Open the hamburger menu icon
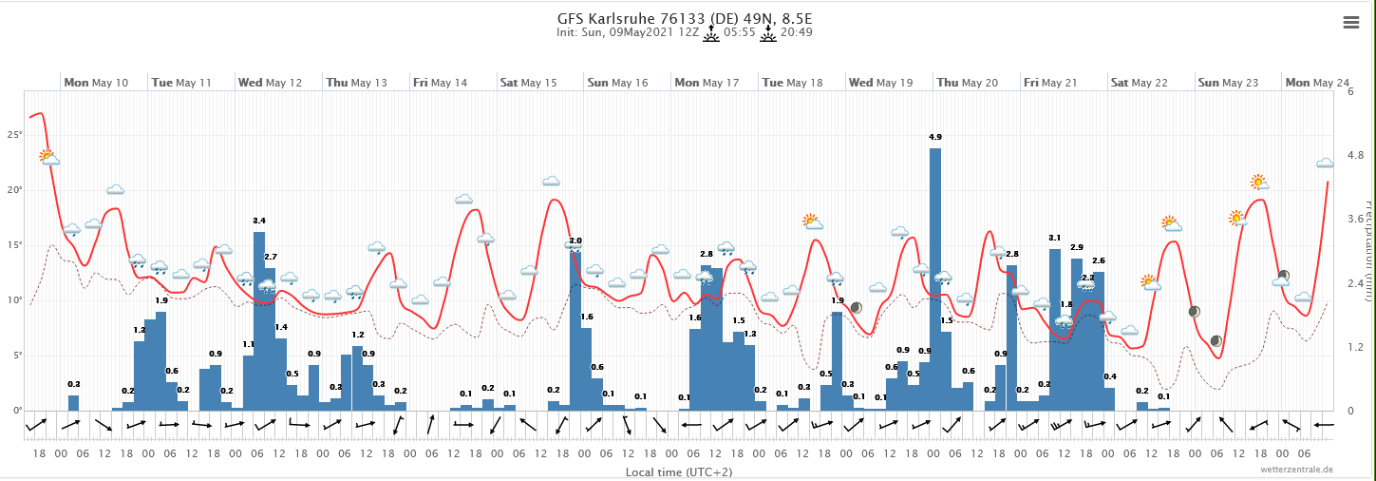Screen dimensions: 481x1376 [x=1351, y=24]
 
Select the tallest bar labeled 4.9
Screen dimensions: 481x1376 [x=935, y=276]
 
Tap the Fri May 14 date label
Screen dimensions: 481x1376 [x=440, y=83]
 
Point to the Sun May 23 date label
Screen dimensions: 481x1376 [x=1227, y=83]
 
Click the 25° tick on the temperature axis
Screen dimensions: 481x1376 [x=14, y=135]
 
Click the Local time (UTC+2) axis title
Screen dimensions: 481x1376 [x=678, y=471]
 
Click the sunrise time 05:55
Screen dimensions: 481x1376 [x=739, y=32]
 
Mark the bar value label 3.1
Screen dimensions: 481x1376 [x=1055, y=238]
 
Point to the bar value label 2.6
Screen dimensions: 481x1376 [x=1099, y=260]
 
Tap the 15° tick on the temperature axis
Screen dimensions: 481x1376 [x=14, y=245]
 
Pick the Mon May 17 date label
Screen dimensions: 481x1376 [x=707, y=83]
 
